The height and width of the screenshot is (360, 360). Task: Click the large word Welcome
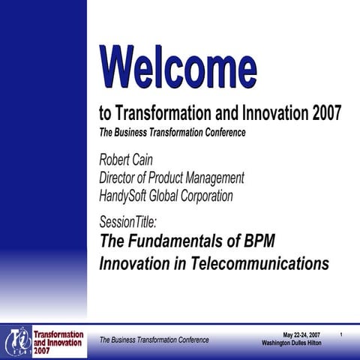click(x=178, y=66)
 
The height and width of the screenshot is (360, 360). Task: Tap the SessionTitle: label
click(x=128, y=221)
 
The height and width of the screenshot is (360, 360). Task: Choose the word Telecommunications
click(x=255, y=264)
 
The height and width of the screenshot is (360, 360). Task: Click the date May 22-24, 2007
click(x=301, y=334)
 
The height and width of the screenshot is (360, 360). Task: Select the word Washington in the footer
click(x=277, y=343)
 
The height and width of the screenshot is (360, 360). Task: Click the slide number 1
click(x=341, y=334)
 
